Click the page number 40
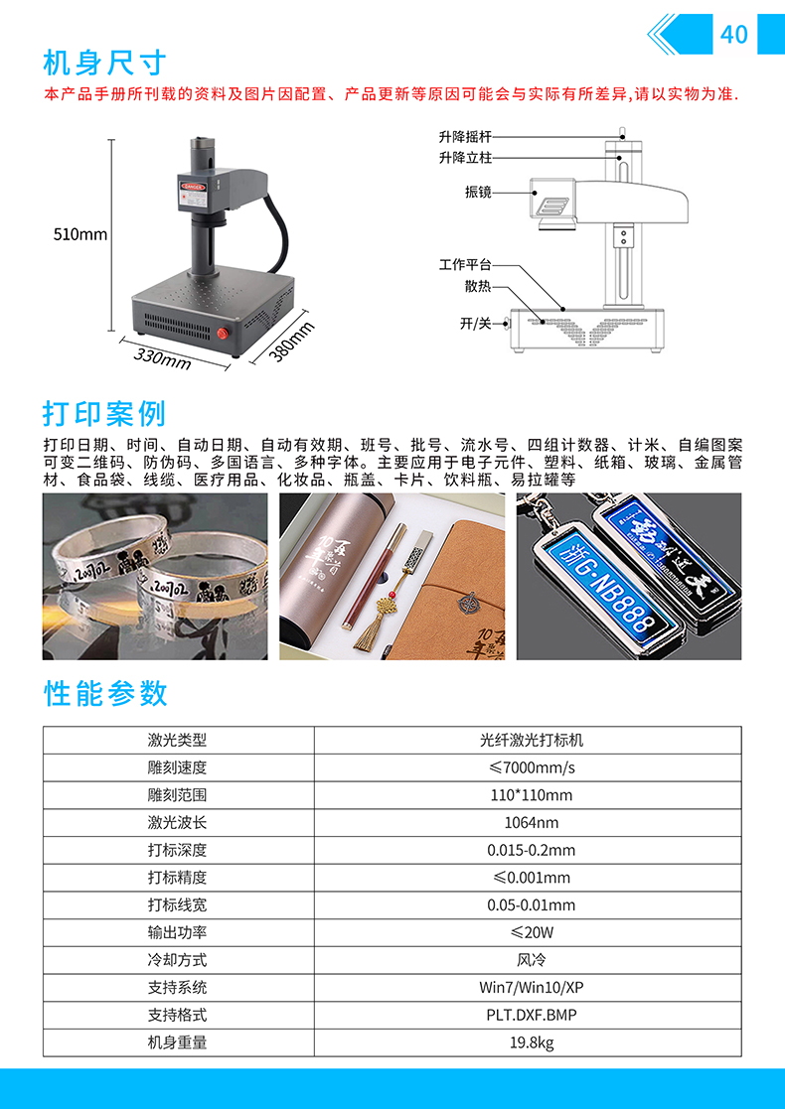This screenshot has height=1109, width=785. point(734,34)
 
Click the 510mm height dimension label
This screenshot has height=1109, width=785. point(80,234)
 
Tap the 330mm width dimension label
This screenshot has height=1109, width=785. point(162,358)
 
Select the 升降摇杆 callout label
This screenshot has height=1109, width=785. point(465,136)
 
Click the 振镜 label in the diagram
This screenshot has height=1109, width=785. point(478,192)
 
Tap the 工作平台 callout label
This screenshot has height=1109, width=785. point(465,264)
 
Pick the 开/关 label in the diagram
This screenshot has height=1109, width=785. point(476,324)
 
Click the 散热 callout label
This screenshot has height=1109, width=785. point(478,287)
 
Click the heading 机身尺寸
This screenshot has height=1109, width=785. point(104,64)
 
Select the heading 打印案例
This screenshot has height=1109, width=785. point(104,414)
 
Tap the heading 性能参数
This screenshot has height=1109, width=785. point(104,694)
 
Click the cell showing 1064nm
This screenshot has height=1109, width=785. point(531,822)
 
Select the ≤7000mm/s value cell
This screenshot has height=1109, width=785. point(531,767)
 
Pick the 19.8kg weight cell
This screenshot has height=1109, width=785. point(531,1042)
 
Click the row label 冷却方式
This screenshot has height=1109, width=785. point(177,960)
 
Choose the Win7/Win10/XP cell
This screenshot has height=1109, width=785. point(531,987)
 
